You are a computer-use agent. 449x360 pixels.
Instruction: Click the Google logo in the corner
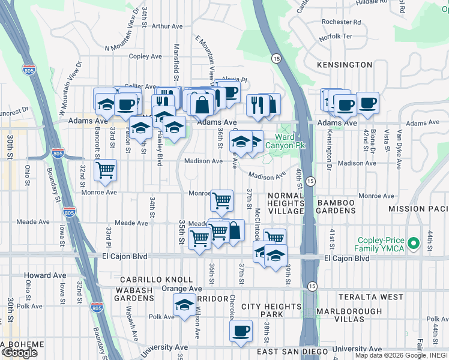19,352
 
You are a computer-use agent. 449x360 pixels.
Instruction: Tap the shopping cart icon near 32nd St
106,169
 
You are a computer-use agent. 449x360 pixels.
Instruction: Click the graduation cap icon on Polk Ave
184,305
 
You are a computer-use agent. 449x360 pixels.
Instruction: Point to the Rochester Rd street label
340,22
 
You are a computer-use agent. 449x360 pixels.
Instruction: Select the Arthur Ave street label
167,26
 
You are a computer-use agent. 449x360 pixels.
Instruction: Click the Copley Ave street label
145,56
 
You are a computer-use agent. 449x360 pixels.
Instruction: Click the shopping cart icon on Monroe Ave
222,200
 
